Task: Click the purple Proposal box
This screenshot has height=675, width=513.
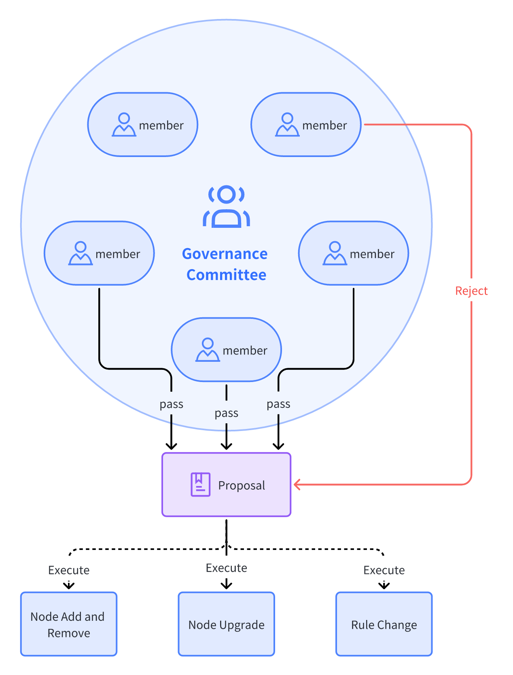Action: point(226,484)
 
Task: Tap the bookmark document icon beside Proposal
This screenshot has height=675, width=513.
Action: point(200,484)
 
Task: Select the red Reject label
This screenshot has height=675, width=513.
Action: point(471,291)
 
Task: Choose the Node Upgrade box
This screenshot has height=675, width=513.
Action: point(226,624)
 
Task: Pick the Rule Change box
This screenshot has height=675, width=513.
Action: point(384,624)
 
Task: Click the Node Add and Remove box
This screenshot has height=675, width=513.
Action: point(69,624)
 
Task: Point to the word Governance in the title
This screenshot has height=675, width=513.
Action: point(225,254)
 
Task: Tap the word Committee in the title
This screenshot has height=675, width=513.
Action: point(226,275)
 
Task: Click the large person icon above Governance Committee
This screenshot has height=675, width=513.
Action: point(226,206)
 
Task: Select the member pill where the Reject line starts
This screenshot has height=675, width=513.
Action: point(306,125)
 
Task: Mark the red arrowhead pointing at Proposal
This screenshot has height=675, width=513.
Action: point(297,484)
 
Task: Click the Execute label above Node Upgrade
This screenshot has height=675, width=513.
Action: point(226,568)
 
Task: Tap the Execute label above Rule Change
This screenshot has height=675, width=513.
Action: point(384,570)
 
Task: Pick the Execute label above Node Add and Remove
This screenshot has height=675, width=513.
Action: point(69,570)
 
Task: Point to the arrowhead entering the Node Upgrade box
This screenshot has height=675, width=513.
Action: point(226,585)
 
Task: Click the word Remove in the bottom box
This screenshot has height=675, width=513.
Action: point(69,633)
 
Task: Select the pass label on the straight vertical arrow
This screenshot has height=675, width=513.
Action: point(226,413)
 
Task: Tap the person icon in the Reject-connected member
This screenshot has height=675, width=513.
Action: point(287,125)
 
